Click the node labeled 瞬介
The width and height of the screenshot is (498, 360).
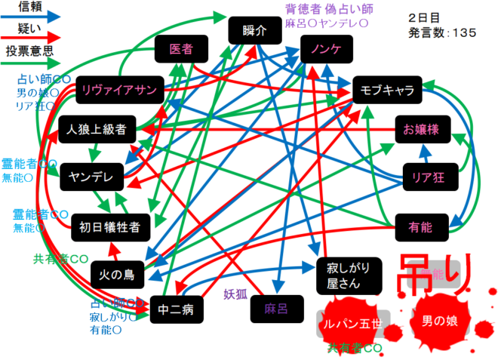pos(256,32)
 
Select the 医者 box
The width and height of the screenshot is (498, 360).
pos(181,49)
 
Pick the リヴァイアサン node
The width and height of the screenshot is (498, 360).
pos(119,91)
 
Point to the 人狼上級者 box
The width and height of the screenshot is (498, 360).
pos(97,129)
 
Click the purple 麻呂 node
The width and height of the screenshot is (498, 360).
pos(276,308)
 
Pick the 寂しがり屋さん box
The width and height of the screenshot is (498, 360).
pos(343,275)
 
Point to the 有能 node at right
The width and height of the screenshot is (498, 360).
pos(420,225)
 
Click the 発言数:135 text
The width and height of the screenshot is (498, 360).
pos(442,32)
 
